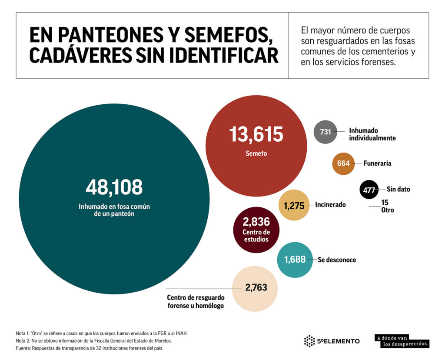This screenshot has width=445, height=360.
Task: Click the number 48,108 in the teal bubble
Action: pyautogui.click(x=114, y=187)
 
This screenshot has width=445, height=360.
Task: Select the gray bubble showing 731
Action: pyautogui.click(x=325, y=131)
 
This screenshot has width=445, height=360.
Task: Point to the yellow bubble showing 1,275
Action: pyautogui.click(x=295, y=205)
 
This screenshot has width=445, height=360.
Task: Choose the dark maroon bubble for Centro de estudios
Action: pyautogui.click(x=256, y=230)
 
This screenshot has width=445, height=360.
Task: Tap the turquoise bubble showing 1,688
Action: pyautogui.click(x=295, y=260)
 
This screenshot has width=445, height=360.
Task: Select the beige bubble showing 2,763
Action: pyautogui.click(x=256, y=287)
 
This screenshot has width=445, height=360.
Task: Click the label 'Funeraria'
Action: pyautogui.click(x=377, y=163)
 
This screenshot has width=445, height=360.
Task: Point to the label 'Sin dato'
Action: pyautogui.click(x=398, y=190)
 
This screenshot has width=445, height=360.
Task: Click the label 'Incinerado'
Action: pyautogui.click(x=330, y=204)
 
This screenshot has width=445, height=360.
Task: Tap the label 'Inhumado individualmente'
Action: pyautogui.click(x=372, y=134)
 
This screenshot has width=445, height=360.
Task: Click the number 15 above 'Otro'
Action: pyautogui.click(x=385, y=202)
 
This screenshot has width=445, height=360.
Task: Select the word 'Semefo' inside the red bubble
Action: pyautogui.click(x=256, y=153)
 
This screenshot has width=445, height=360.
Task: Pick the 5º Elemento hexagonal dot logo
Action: pyautogui.click(x=309, y=341)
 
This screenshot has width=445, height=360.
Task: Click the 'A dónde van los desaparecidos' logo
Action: pyautogui.click(x=402, y=341)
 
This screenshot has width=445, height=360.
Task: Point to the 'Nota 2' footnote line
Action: pyautogui.click(x=94, y=340)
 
